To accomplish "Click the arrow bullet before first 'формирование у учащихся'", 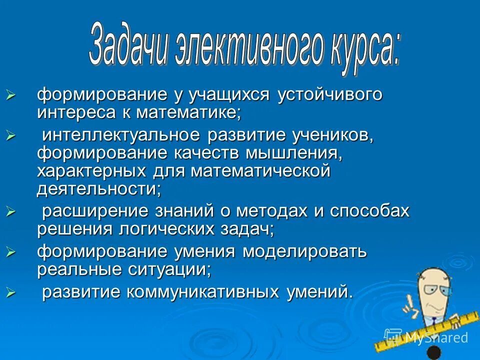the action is click(11, 94).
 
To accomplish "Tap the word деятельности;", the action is click(99, 189).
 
